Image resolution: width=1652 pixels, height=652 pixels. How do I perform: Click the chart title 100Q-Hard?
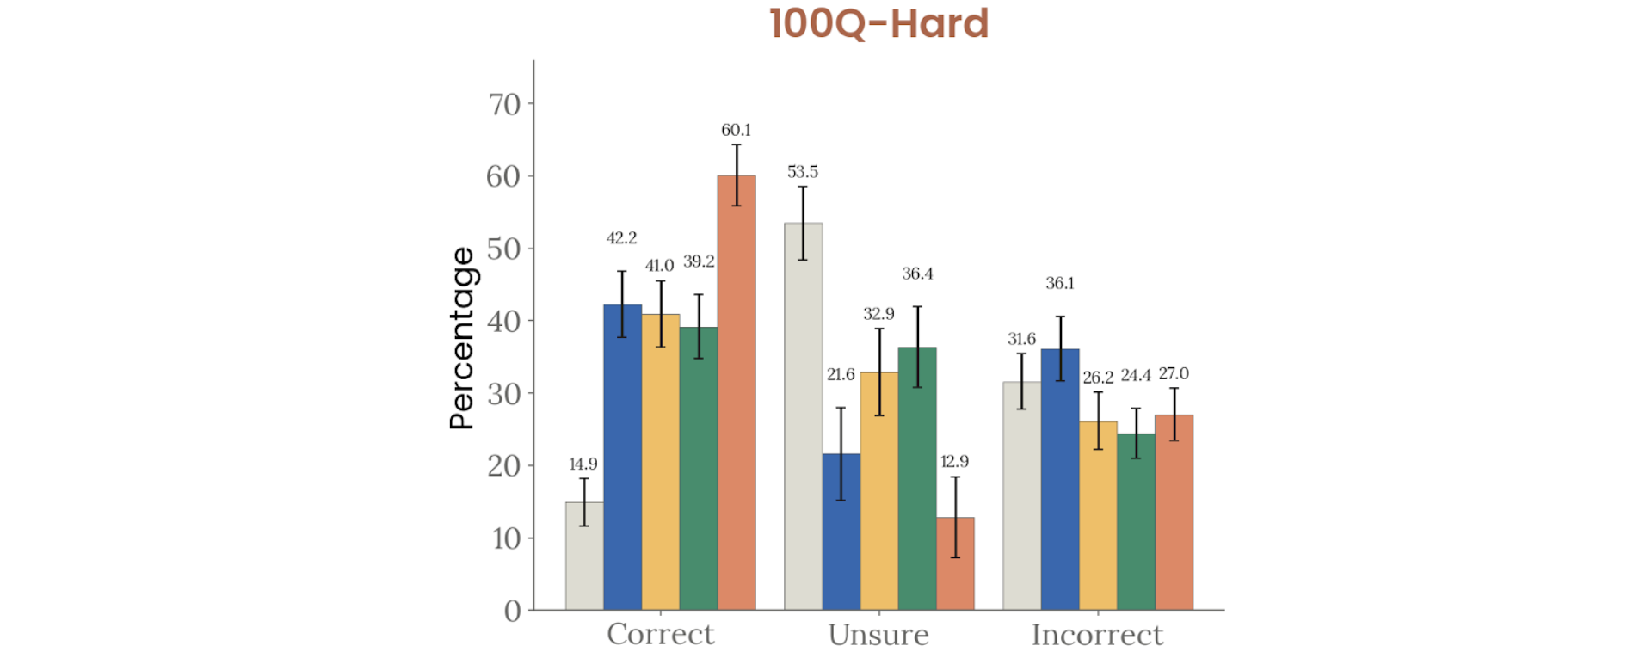click(878, 23)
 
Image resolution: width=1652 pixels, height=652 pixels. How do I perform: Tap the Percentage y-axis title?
click(462, 338)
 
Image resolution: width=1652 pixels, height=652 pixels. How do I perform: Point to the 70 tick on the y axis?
click(505, 104)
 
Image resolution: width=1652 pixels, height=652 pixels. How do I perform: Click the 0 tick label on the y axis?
click(513, 611)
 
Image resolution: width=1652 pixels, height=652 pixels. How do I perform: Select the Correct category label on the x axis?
click(660, 635)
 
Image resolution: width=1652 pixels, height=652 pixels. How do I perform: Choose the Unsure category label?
click(878, 635)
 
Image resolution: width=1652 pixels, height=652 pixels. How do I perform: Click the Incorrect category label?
click(1097, 635)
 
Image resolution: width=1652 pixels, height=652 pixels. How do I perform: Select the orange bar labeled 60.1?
click(737, 396)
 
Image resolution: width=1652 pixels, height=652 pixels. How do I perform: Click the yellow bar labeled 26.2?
click(1098, 516)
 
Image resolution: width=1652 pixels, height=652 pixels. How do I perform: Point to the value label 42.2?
click(621, 238)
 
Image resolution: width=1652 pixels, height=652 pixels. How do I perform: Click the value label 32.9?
click(878, 314)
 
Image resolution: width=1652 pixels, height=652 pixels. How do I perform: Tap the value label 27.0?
click(1174, 373)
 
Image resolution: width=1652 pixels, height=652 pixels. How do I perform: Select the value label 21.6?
click(841, 374)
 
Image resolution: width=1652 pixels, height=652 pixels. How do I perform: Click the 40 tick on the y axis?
click(504, 322)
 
